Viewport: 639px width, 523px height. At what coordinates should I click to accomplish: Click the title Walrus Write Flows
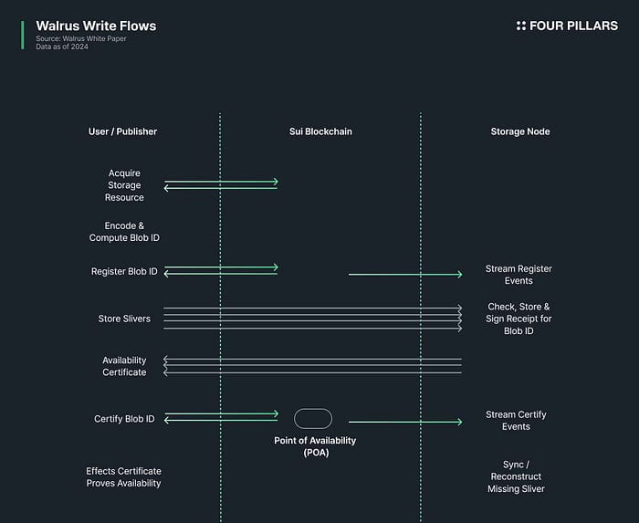pyautogui.click(x=96, y=26)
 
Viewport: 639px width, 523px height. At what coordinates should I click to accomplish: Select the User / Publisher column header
pyautogui.click(x=122, y=131)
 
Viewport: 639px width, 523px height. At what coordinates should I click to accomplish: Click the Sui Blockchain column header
pyautogui.click(x=320, y=131)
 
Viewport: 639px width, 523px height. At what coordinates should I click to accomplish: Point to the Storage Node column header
pyautogui.click(x=520, y=131)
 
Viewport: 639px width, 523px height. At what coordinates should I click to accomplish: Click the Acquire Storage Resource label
pyautogui.click(x=124, y=185)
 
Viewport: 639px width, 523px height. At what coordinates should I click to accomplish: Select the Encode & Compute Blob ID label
pyautogui.click(x=124, y=232)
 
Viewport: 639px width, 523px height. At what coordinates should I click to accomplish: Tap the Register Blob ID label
pyautogui.click(x=124, y=271)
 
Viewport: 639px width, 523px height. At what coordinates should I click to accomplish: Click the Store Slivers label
pyautogui.click(x=124, y=319)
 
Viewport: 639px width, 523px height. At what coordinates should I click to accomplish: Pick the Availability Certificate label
pyautogui.click(x=124, y=366)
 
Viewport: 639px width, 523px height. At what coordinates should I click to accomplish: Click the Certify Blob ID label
pyautogui.click(x=124, y=419)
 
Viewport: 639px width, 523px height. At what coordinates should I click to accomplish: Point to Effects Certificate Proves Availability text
pyautogui.click(x=123, y=477)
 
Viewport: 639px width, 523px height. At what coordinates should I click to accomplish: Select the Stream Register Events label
pyautogui.click(x=519, y=275)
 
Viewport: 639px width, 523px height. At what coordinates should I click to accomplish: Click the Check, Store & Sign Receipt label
pyautogui.click(x=519, y=319)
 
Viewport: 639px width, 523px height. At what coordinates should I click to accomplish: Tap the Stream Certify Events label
pyautogui.click(x=516, y=421)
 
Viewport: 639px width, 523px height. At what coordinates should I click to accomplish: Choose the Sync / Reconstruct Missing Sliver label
pyautogui.click(x=516, y=476)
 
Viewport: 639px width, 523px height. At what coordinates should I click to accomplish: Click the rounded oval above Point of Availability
pyautogui.click(x=313, y=409)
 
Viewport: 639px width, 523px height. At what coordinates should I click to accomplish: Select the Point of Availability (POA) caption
pyautogui.click(x=315, y=446)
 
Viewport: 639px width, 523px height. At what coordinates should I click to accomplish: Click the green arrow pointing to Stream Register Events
pyautogui.click(x=405, y=275)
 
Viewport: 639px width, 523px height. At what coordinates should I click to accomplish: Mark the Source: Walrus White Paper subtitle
pyautogui.click(x=81, y=38)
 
